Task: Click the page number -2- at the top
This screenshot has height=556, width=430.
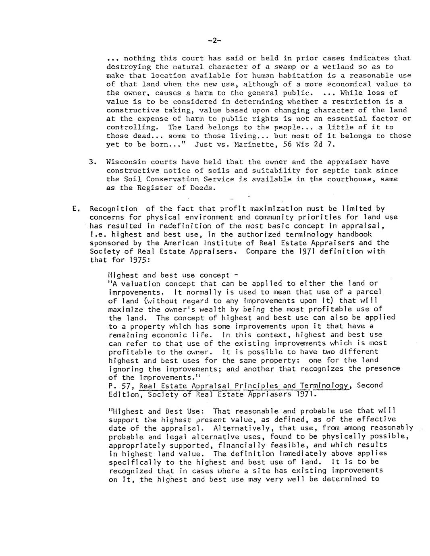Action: point(215,40)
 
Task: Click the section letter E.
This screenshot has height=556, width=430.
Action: point(74,209)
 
